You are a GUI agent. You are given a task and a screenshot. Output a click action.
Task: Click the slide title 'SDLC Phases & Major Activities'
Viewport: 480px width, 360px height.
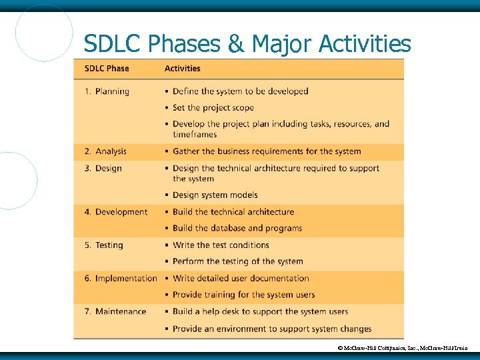click(247, 44)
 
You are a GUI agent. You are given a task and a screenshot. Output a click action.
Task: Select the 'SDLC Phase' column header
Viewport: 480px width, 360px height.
click(107, 69)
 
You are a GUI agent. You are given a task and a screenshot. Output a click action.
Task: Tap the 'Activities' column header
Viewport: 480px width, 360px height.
click(183, 69)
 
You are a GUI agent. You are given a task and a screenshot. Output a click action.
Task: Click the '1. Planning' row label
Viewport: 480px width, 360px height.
click(107, 91)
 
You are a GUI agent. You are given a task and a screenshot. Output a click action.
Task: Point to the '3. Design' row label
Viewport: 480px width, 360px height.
click(103, 168)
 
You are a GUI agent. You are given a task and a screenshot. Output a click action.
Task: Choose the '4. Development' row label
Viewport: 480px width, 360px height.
click(116, 212)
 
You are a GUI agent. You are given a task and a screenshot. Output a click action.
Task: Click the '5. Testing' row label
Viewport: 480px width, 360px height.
click(104, 245)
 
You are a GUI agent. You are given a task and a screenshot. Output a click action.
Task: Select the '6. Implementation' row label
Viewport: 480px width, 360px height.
click(121, 278)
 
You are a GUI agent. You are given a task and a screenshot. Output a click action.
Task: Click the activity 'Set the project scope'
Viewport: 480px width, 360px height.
click(213, 107)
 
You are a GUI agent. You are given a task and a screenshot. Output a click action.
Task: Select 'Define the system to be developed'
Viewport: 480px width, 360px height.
click(240, 91)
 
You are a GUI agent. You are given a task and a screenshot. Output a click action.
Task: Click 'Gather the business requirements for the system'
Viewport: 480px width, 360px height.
click(267, 151)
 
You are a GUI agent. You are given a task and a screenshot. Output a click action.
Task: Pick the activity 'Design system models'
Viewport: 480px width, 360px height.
click(215, 195)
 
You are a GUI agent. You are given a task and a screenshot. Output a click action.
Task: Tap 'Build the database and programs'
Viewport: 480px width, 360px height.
click(237, 228)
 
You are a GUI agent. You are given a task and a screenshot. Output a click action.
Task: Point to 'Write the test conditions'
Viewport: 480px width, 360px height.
click(221, 245)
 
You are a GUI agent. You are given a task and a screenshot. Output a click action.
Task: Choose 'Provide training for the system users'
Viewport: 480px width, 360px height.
click(243, 295)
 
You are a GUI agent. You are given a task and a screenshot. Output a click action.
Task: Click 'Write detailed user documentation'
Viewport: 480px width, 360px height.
click(241, 278)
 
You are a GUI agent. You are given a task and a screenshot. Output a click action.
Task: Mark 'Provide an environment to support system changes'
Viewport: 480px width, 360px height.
click(272, 329)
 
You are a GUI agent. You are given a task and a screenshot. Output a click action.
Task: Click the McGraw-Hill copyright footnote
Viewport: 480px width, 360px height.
click(407, 348)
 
